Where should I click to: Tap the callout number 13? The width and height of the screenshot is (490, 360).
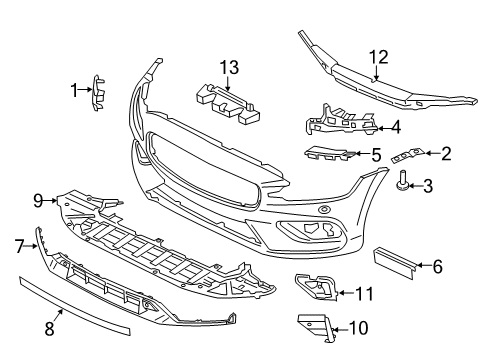pyautogui.click(x=231, y=67)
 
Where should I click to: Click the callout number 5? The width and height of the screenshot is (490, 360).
pyautogui.click(x=375, y=155)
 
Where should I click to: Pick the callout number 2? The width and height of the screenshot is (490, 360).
pyautogui.click(x=446, y=153)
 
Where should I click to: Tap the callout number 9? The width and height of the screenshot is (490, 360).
pyautogui.click(x=38, y=200)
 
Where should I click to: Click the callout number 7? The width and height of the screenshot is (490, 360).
pyautogui.click(x=19, y=243)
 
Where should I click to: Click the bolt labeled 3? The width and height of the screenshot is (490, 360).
pyautogui.click(x=403, y=181)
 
